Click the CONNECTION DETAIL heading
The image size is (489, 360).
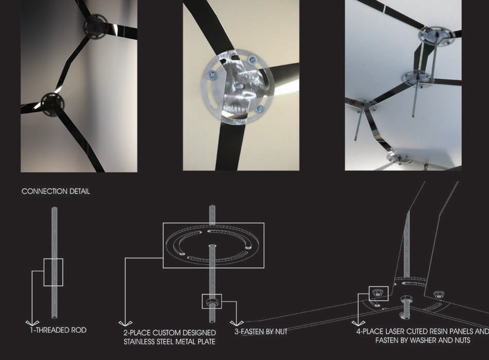(56, 191)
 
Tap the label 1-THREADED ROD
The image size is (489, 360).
(58, 330)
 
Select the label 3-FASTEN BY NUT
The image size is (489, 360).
(261, 332)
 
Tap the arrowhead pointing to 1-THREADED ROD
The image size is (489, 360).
(32, 323)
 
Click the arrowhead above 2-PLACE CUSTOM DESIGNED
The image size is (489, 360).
(125, 323)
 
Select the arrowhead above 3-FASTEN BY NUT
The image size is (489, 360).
(236, 323)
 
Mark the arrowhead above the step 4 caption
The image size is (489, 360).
(358, 323)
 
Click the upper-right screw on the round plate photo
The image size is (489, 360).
(252, 59)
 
